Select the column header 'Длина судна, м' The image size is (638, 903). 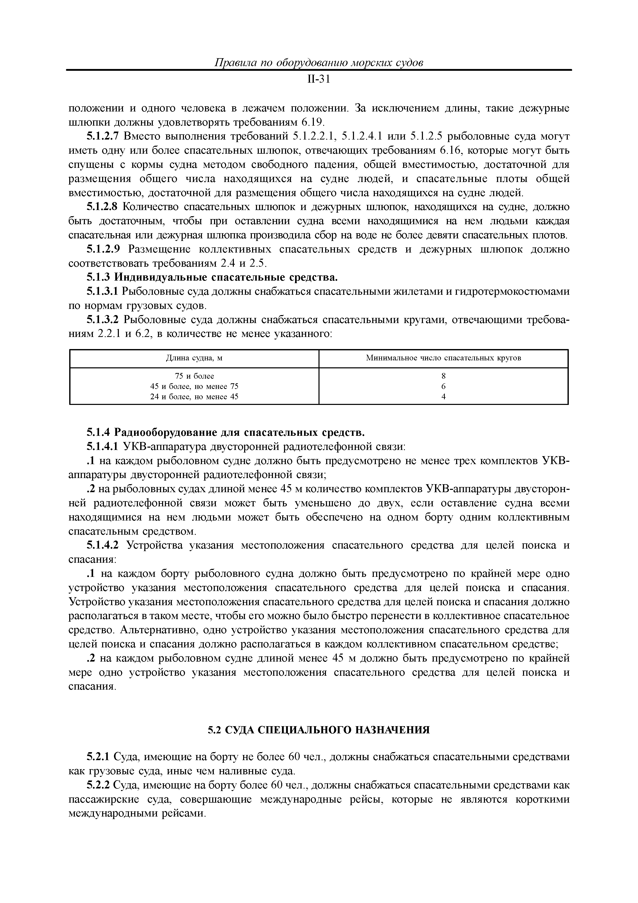coord(194,358)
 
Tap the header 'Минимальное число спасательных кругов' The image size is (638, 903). coord(444,358)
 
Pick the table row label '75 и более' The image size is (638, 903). coord(194,376)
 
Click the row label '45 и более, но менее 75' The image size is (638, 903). coord(194,386)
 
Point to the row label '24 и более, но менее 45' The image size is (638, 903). coord(194,396)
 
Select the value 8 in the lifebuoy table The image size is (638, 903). coord(444,376)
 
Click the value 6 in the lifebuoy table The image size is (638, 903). coord(444,386)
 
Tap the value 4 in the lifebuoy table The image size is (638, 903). coord(444,396)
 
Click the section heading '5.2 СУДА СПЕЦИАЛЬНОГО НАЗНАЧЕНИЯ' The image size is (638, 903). coord(318,730)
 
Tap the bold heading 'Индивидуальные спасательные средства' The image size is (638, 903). coord(226,278)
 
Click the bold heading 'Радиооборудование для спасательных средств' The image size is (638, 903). coord(240,433)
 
